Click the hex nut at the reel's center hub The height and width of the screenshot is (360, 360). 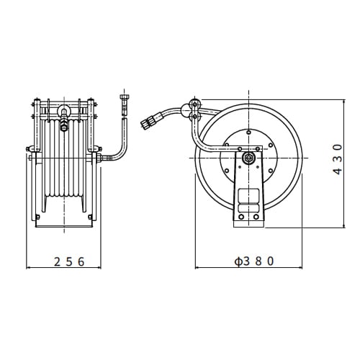249,159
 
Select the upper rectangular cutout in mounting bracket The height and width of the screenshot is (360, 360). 249,195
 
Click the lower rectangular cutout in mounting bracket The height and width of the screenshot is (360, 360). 249,210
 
